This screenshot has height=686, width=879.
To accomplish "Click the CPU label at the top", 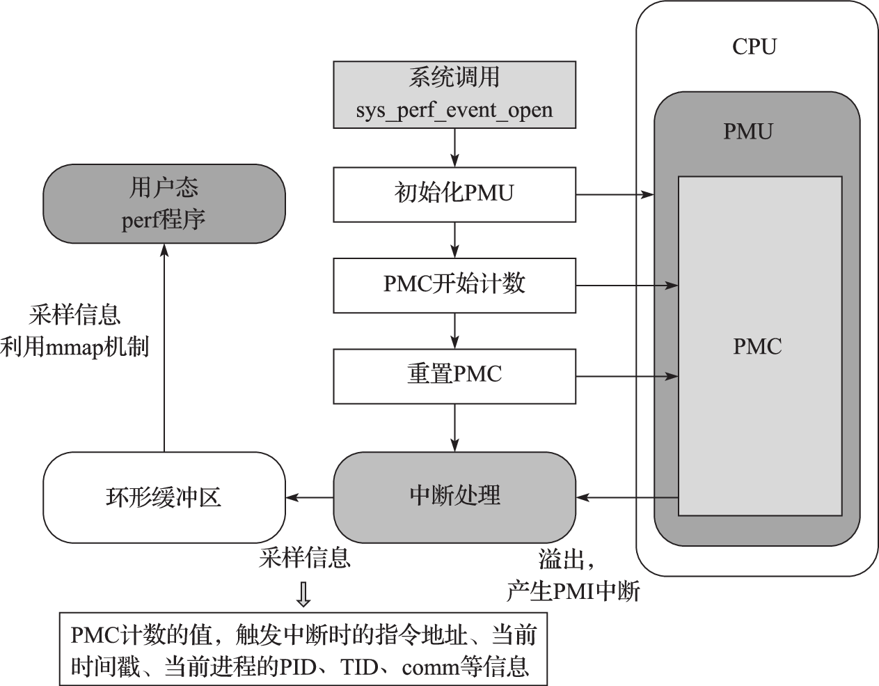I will [754, 47].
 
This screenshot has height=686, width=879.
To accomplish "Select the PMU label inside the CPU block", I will [747, 132].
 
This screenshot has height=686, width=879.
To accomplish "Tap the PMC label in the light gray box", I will [757, 346].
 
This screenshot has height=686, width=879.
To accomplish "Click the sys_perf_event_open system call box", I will [454, 94].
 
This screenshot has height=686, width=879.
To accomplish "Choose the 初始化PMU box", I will [454, 194].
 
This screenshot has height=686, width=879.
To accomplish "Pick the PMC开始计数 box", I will [454, 285].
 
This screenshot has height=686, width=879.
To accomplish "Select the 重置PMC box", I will [454, 376].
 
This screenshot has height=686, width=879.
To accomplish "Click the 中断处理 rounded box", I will [454, 497].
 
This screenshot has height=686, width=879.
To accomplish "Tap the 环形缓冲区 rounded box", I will [164, 497].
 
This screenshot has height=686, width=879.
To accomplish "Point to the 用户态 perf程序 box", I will [164, 203].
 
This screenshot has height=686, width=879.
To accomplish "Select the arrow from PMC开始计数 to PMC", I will [626, 286].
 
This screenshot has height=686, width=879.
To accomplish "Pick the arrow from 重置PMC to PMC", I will [626, 377].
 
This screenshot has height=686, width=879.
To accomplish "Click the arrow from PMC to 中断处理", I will [626, 497].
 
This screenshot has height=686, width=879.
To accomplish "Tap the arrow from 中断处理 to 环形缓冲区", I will [309, 497].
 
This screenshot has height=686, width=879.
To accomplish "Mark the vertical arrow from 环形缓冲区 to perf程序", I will [164, 348].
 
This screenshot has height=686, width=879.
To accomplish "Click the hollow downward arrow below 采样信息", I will [303, 593].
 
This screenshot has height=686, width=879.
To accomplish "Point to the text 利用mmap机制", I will [75, 347].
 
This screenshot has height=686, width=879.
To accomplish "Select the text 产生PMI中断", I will [572, 592].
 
